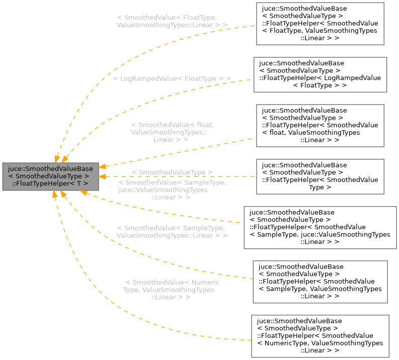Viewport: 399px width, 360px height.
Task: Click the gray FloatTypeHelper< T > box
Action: (x=50, y=176)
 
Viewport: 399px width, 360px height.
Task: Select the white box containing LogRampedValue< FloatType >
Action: (x=320, y=74)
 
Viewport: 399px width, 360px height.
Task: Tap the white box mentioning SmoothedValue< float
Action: (x=320, y=126)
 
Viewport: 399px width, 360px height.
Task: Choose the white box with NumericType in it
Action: (x=320, y=336)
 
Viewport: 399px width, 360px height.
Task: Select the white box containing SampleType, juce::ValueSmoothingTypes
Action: (x=320, y=227)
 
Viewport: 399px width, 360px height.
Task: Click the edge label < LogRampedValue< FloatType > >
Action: (x=172, y=79)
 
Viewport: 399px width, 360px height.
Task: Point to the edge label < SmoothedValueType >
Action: (x=172, y=172)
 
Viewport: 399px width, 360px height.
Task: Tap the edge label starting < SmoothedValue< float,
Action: (x=172, y=132)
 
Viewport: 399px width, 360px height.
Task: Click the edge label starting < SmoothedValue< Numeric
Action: (x=171, y=290)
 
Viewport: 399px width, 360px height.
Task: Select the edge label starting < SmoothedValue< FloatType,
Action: (x=172, y=21)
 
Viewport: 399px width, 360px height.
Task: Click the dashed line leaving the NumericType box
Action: (x=151, y=329)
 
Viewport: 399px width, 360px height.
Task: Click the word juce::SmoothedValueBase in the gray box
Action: (x=50, y=169)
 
